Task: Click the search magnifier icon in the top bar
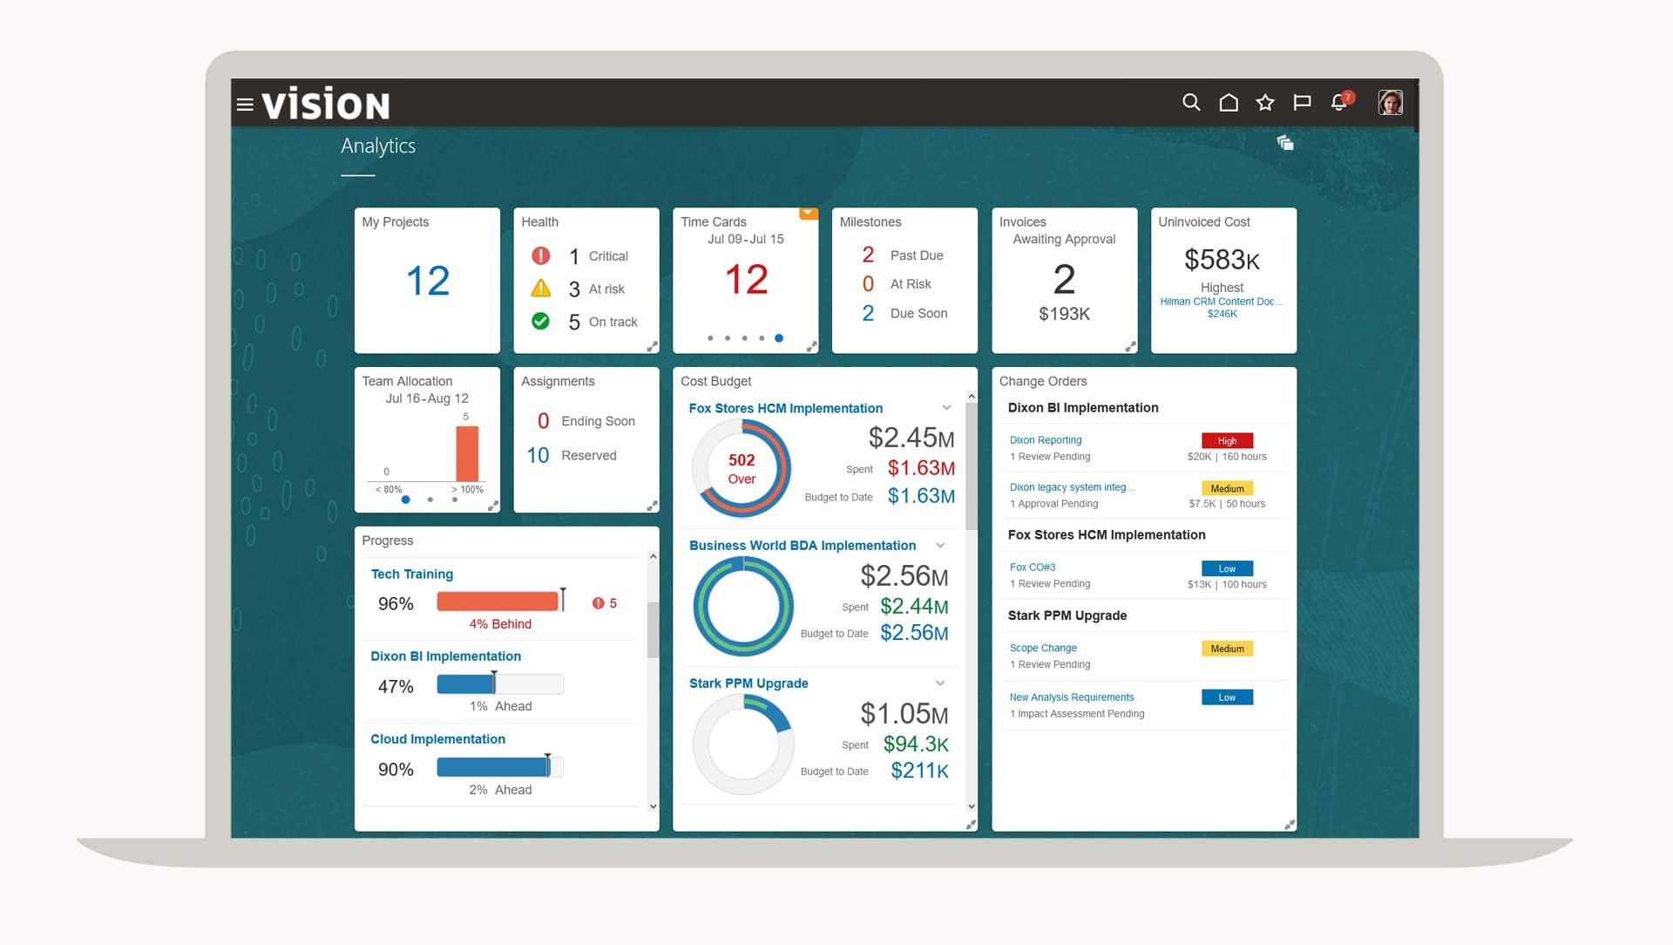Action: point(1191,103)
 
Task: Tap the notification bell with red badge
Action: point(1339,103)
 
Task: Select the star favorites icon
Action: point(1265,103)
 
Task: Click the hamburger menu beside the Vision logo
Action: point(245,105)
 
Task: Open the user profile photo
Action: point(1390,102)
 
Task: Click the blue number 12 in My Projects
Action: point(427,281)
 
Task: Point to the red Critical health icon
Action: point(540,255)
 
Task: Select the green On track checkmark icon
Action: point(540,321)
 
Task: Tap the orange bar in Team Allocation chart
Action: point(467,453)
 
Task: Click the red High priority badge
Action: point(1227,441)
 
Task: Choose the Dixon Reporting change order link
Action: point(1045,440)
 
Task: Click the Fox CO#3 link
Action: point(1032,567)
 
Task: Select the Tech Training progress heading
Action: point(411,574)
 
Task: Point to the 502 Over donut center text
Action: point(742,468)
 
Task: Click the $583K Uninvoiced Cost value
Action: point(1222,260)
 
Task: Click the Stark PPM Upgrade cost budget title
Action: point(748,683)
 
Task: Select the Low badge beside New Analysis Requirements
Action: point(1227,697)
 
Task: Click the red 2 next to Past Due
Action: point(868,255)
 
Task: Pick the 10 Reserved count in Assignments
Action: point(538,455)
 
